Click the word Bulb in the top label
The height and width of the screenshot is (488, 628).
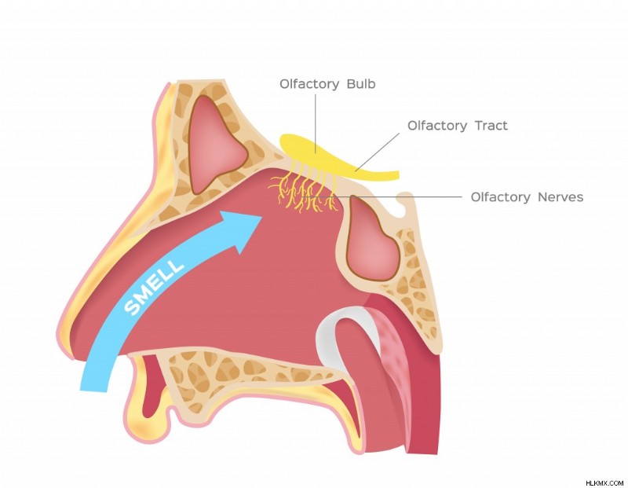(361, 84)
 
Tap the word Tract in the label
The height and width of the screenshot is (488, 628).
(491, 126)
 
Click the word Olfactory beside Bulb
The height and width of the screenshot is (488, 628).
(309, 84)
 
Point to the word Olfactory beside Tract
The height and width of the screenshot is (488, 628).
(437, 126)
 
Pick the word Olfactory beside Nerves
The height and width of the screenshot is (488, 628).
(500, 197)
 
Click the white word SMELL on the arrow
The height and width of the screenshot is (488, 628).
(154, 287)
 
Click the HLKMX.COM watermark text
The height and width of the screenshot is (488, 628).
(604, 482)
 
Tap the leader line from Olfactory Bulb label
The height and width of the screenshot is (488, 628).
(316, 123)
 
